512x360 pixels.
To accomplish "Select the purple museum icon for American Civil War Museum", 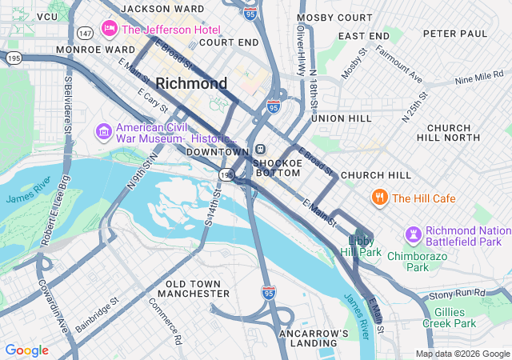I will pos(103,130).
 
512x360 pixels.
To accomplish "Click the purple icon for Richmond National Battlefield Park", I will pos(413,234).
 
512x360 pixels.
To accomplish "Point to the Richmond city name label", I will pos(191,83).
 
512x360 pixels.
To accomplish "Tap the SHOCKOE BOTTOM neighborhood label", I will pos(278,168).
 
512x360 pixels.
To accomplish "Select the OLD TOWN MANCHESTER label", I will pos(198,289).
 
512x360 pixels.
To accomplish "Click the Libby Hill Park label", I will pos(365,246).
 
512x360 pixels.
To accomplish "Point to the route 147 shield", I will pos(84,32).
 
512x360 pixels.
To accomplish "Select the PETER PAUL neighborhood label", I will pos(454,34).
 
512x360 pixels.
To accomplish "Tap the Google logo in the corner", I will pos(26,350).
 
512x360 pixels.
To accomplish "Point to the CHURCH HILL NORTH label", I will pos(459,133).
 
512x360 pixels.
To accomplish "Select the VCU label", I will pos(47,16).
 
